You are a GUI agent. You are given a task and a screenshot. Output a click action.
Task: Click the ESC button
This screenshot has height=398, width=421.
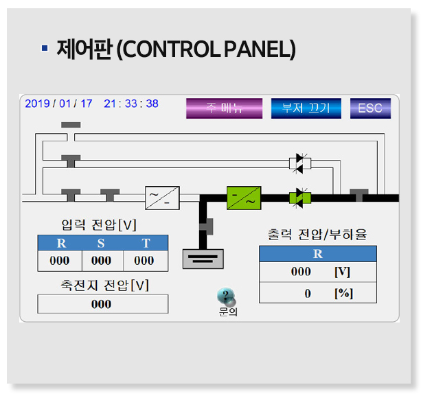[x=370, y=108]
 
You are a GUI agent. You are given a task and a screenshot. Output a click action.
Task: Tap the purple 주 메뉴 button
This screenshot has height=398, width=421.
[x=224, y=108]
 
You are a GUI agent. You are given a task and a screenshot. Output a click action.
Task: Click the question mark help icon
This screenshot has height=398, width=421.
[x=226, y=297]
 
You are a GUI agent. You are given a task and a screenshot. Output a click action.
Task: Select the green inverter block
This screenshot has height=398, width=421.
[x=244, y=198]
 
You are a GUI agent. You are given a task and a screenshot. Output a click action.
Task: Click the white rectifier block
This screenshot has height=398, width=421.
[x=162, y=198]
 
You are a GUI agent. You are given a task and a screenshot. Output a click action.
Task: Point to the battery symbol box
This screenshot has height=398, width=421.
[x=203, y=258]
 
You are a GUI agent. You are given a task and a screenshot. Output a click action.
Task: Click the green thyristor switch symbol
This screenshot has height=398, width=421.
[x=299, y=198]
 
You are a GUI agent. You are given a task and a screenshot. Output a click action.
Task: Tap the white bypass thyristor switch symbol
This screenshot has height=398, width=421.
[x=299, y=163]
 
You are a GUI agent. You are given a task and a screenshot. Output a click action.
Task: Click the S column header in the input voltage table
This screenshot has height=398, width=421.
[x=102, y=243]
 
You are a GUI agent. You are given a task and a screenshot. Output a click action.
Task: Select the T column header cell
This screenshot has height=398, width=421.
[x=146, y=243]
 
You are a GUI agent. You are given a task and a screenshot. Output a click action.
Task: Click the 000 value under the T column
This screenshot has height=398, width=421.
[x=144, y=261]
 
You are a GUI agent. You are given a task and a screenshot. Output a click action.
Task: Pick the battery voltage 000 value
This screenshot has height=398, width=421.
[x=102, y=304]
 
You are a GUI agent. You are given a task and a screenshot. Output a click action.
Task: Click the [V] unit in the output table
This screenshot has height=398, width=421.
[x=341, y=272]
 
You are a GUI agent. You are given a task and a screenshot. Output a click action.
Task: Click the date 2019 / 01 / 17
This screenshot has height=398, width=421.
[x=58, y=104]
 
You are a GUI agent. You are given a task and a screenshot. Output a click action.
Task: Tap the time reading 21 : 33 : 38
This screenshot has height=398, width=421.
[x=131, y=104]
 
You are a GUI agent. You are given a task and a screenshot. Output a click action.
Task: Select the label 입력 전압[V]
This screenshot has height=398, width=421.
[x=99, y=224]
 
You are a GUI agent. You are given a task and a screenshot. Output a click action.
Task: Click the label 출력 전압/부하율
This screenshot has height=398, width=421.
[x=317, y=235]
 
